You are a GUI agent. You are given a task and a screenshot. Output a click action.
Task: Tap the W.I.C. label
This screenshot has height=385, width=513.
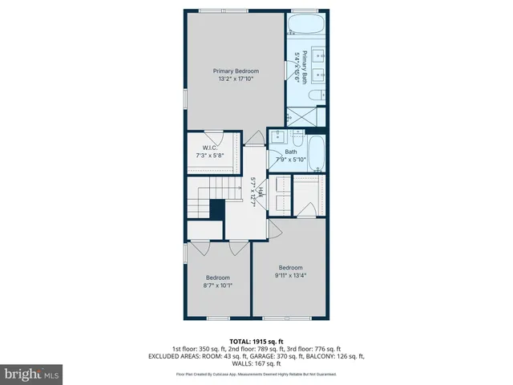pyautogui.click(x=211, y=148)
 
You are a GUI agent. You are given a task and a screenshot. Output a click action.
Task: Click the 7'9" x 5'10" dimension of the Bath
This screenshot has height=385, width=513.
pyautogui.click(x=292, y=159)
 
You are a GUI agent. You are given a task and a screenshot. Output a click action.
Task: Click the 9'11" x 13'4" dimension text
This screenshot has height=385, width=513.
pyautogui.click(x=290, y=275)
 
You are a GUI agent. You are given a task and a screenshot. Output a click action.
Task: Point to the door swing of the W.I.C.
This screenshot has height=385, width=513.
pyautogui.click(x=213, y=137)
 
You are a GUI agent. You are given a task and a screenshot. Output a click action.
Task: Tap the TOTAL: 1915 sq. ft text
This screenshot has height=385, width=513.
pyautogui.click(x=256, y=341)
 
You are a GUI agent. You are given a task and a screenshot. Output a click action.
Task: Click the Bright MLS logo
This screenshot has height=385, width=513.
pyautogui.click(x=31, y=374)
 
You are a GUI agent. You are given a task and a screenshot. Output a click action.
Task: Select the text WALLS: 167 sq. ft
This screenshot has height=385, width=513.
pyautogui.click(x=256, y=363)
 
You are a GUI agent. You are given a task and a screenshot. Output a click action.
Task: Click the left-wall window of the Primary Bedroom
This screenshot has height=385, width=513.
pyautogui.click(x=186, y=97)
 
